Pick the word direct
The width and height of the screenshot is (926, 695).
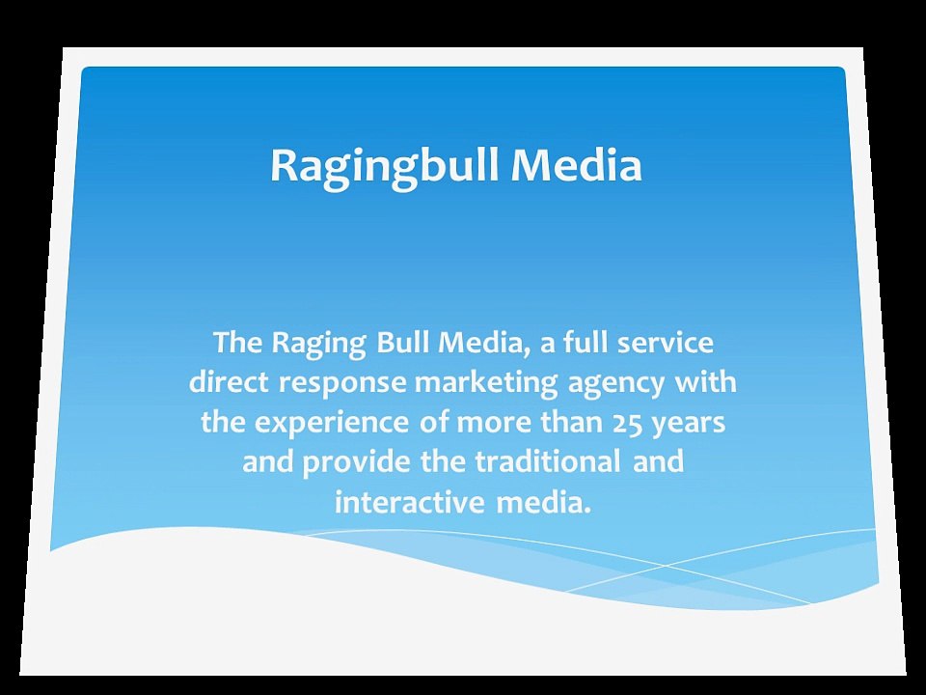click(x=229, y=382)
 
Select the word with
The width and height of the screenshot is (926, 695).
click(x=705, y=382)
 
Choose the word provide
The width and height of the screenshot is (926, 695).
click(x=358, y=462)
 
